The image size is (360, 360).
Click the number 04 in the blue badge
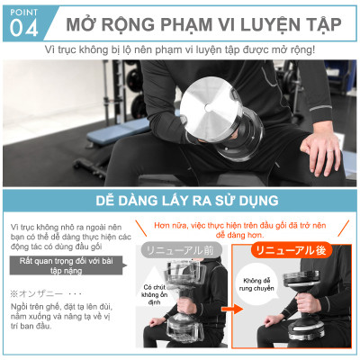(x=22, y=29)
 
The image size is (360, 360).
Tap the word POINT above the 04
(x=21, y=11)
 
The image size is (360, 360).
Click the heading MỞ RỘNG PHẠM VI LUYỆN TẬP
(x=194, y=20)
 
